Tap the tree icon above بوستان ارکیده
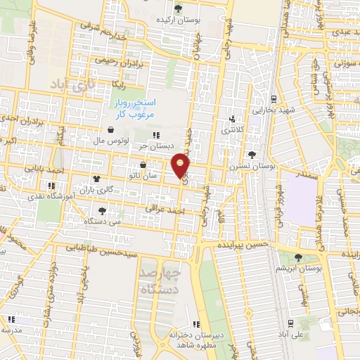point(178,9)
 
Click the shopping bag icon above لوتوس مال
point(112,129)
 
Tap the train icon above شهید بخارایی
point(274,98)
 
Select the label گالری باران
point(95,190)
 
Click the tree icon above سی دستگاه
point(103,211)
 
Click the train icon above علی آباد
point(290,323)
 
